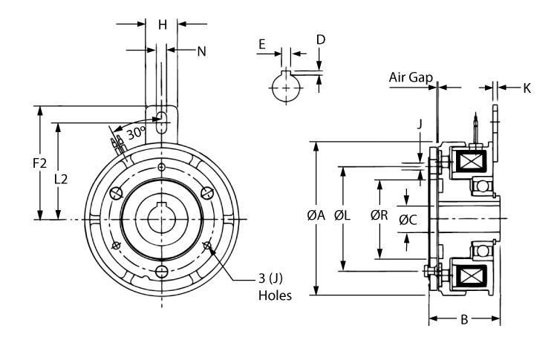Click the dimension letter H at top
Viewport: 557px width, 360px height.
pyautogui.click(x=163, y=24)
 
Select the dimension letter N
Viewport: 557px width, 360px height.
pyautogui.click(x=201, y=50)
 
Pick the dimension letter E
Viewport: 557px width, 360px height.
pyautogui.click(x=261, y=44)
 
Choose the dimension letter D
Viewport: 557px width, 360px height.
pyautogui.click(x=319, y=38)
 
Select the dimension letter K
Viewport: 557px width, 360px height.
pyautogui.click(x=527, y=88)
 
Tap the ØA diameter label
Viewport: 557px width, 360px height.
pyautogui.click(x=317, y=217)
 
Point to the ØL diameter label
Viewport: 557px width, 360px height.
pyautogui.click(x=343, y=217)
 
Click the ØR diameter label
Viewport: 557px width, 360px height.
pyautogui.click(x=380, y=217)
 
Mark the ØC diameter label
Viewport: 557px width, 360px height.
pyautogui.click(x=408, y=220)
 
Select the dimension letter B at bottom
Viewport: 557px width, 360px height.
pyautogui.click(x=464, y=321)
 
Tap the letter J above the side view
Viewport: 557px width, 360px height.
pyautogui.click(x=420, y=124)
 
